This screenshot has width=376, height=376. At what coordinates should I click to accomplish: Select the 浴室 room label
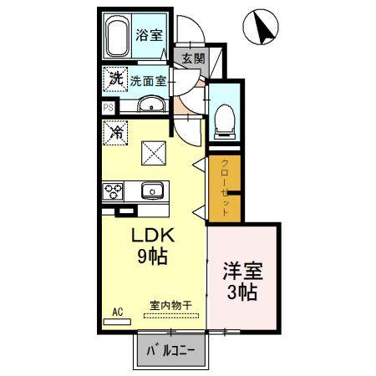pos(150,36)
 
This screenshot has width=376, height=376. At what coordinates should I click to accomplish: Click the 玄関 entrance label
pos(192,58)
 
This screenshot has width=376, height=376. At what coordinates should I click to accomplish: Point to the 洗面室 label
pos(149,81)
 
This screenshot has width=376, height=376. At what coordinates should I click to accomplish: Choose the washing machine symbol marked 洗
pos(114,79)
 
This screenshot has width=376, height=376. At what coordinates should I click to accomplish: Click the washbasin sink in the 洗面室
pos(151,105)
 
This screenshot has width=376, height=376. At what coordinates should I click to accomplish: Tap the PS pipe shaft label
pos(108,107)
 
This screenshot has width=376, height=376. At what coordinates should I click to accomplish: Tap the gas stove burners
pos(113,191)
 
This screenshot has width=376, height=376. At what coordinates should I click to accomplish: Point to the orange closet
pos(224,188)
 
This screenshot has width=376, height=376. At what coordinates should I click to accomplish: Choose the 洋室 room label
pos(242,272)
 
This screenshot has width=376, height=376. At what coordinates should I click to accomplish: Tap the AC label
pos(117,312)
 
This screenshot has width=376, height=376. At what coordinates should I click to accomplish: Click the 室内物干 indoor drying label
pos(170,305)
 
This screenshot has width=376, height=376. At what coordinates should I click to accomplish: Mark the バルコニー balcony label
pos(170,350)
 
